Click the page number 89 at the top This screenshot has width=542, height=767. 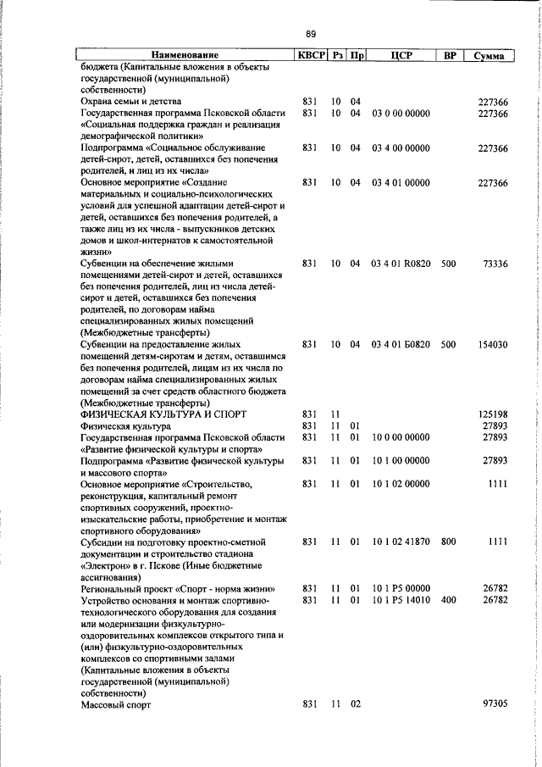(311, 34)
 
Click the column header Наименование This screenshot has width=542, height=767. (185, 56)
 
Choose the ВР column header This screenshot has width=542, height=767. (450, 56)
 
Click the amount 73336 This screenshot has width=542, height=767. (494, 264)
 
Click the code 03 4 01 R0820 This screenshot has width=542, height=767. (400, 264)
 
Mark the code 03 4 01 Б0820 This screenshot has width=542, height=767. (400, 345)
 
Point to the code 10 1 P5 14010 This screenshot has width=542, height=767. (400, 600)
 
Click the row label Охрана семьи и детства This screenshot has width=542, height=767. (131, 102)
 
